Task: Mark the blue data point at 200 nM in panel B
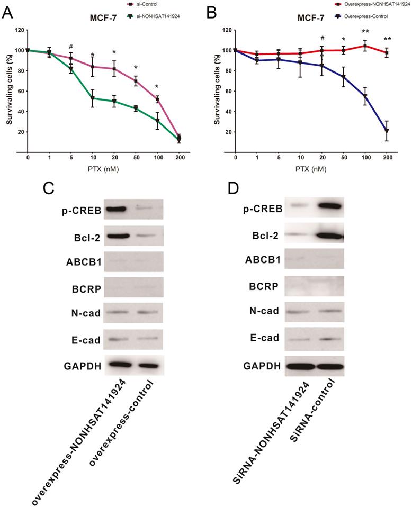(x=387, y=131)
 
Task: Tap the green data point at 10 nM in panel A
(x=93, y=98)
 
